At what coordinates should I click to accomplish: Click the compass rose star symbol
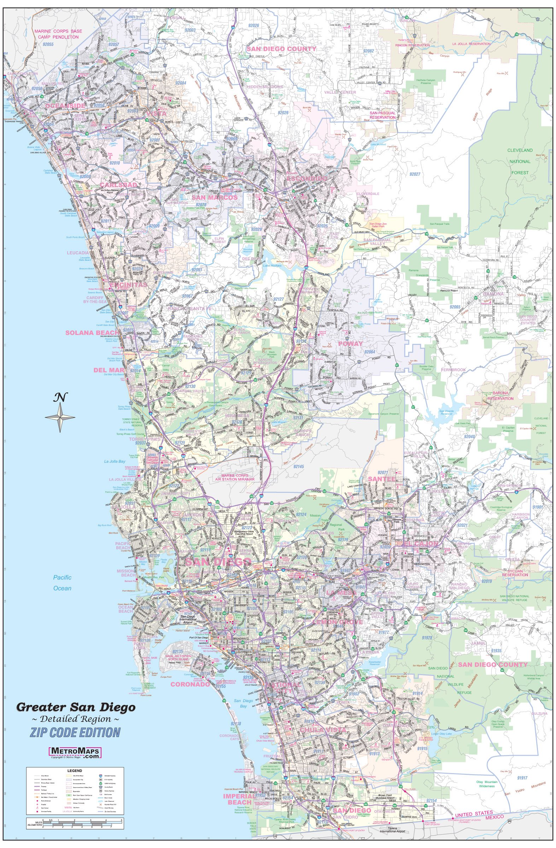[x=60, y=417]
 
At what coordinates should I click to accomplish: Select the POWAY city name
[x=350, y=343]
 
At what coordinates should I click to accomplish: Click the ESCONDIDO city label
[x=307, y=178]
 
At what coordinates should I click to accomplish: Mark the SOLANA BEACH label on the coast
[x=92, y=332]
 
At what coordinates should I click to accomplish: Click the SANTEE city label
[x=381, y=479]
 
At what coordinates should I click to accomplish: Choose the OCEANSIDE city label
[x=66, y=105]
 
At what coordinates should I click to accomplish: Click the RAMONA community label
[x=493, y=294]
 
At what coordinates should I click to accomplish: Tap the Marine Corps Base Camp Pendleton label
[x=56, y=34]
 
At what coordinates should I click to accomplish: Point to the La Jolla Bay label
[x=115, y=461]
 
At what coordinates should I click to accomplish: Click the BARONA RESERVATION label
[x=501, y=396]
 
